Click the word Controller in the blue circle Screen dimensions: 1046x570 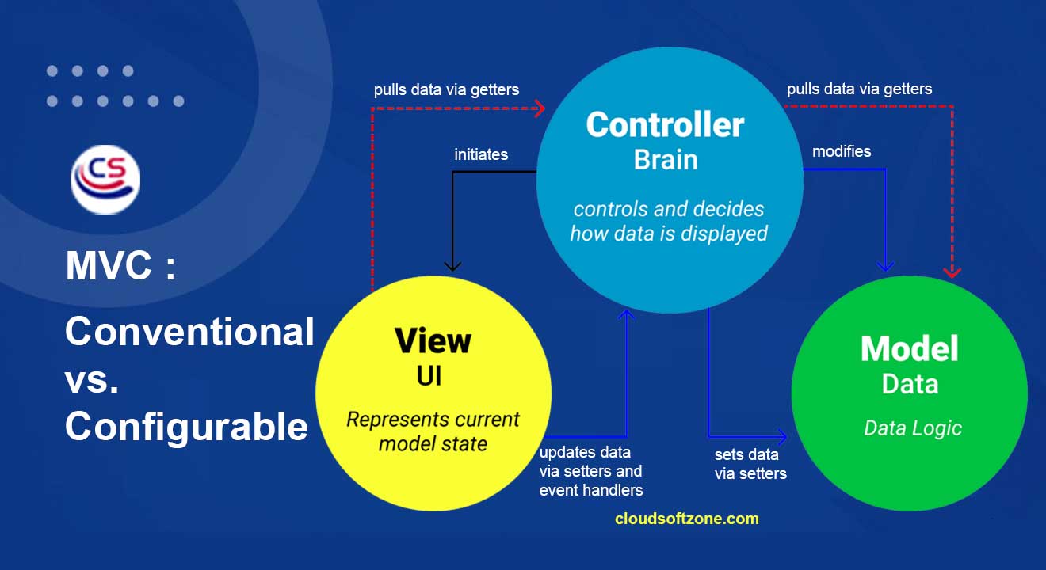coord(665,124)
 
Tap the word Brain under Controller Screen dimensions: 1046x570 coord(666,160)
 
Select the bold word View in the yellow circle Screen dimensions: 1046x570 coord(433,340)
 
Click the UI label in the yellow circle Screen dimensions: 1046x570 coord(429,376)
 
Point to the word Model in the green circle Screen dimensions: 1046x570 coord(910,348)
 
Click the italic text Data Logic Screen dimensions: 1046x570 coord(912,428)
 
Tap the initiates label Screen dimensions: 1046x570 coord(481,154)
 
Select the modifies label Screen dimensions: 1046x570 coord(842,151)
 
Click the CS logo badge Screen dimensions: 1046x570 coord(105,180)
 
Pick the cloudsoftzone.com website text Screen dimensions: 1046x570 coord(686,519)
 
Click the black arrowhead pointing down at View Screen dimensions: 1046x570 coord(452,266)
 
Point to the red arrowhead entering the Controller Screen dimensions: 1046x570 coord(540,108)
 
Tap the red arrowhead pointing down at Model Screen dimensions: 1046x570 coord(952,272)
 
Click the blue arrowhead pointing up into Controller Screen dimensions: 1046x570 coord(626,315)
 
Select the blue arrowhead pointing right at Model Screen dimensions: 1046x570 coord(781,437)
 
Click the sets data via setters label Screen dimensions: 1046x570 coord(750,464)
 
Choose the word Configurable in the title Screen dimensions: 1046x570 coord(187,427)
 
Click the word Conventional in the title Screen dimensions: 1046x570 coord(189,331)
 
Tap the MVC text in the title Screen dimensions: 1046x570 coord(109,265)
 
